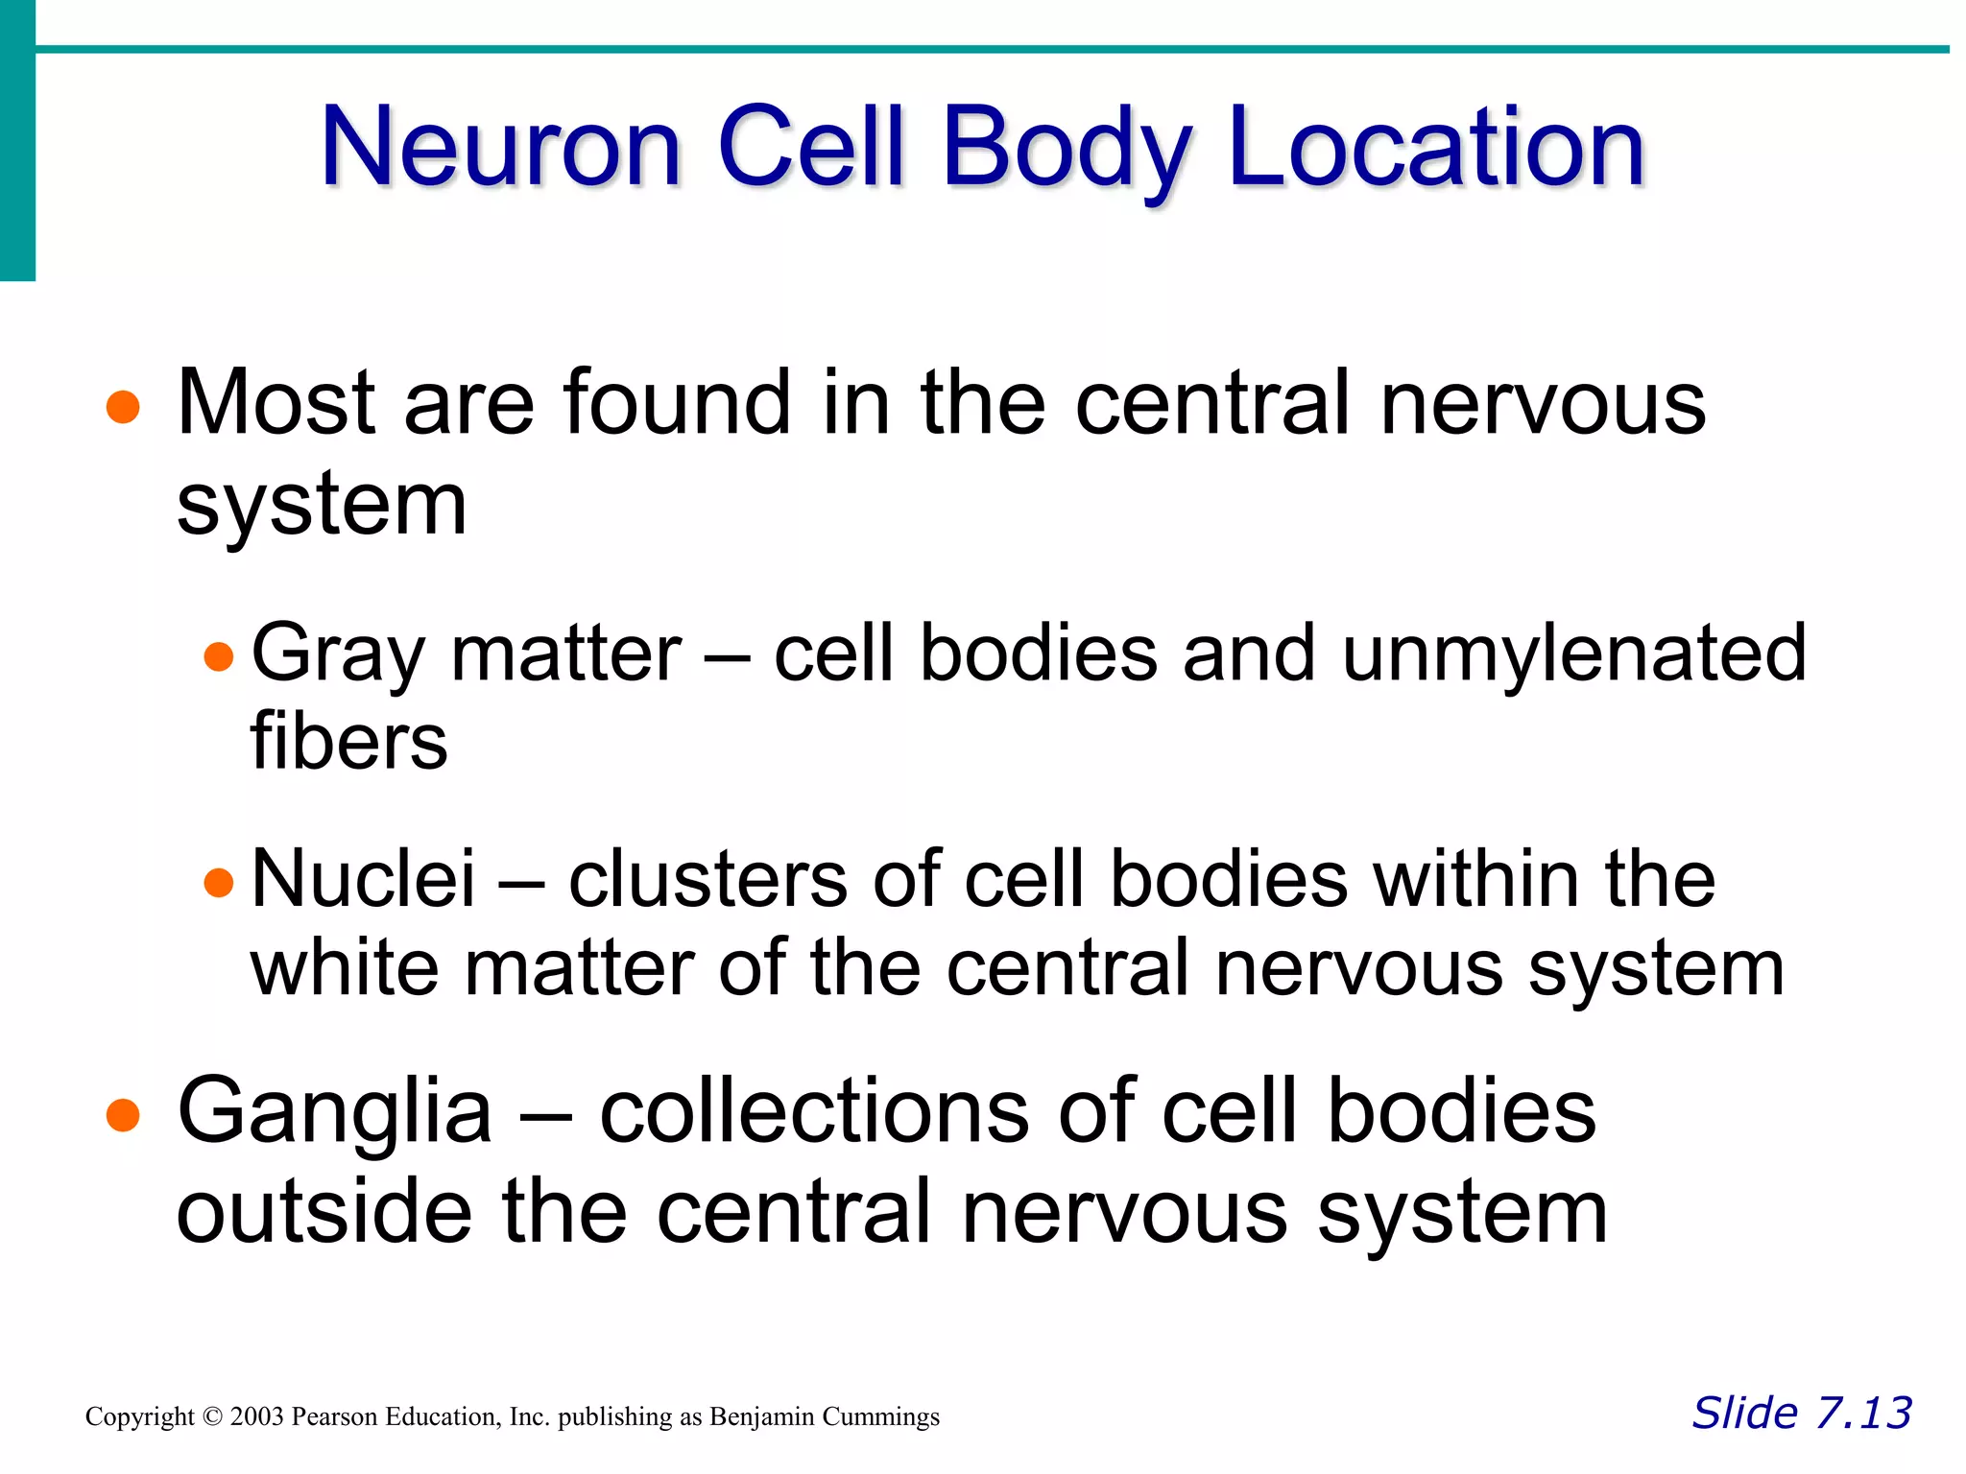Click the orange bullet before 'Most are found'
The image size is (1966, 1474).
coord(123,407)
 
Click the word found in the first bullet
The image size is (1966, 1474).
coord(677,403)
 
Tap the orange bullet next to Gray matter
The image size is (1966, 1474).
coord(219,656)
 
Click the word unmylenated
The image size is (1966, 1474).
coord(1573,653)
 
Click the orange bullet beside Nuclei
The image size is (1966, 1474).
coord(219,882)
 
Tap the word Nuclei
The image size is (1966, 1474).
coord(363,878)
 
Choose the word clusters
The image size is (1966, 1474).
coord(707,878)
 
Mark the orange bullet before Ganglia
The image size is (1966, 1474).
coord(123,1116)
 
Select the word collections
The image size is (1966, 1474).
coord(815,1111)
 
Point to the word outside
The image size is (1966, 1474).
coord(324,1212)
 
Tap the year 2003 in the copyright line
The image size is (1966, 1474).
coord(256,1416)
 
